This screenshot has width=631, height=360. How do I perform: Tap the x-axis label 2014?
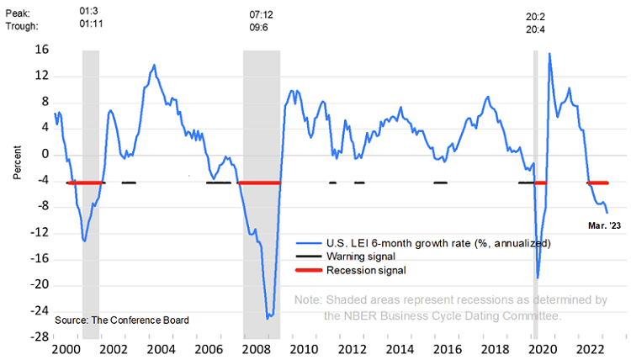point(399,349)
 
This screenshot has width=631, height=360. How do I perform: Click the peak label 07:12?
point(262,14)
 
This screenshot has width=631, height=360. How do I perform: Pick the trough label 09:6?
point(262,27)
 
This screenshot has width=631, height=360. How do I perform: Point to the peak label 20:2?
point(536,14)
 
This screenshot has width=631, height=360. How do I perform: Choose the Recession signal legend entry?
point(366,271)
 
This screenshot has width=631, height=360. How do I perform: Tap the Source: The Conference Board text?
point(121,320)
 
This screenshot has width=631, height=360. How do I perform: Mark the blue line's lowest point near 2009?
point(268,318)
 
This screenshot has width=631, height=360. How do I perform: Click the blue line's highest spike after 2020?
point(549,54)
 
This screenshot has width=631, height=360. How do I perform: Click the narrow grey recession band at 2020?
point(535,193)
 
